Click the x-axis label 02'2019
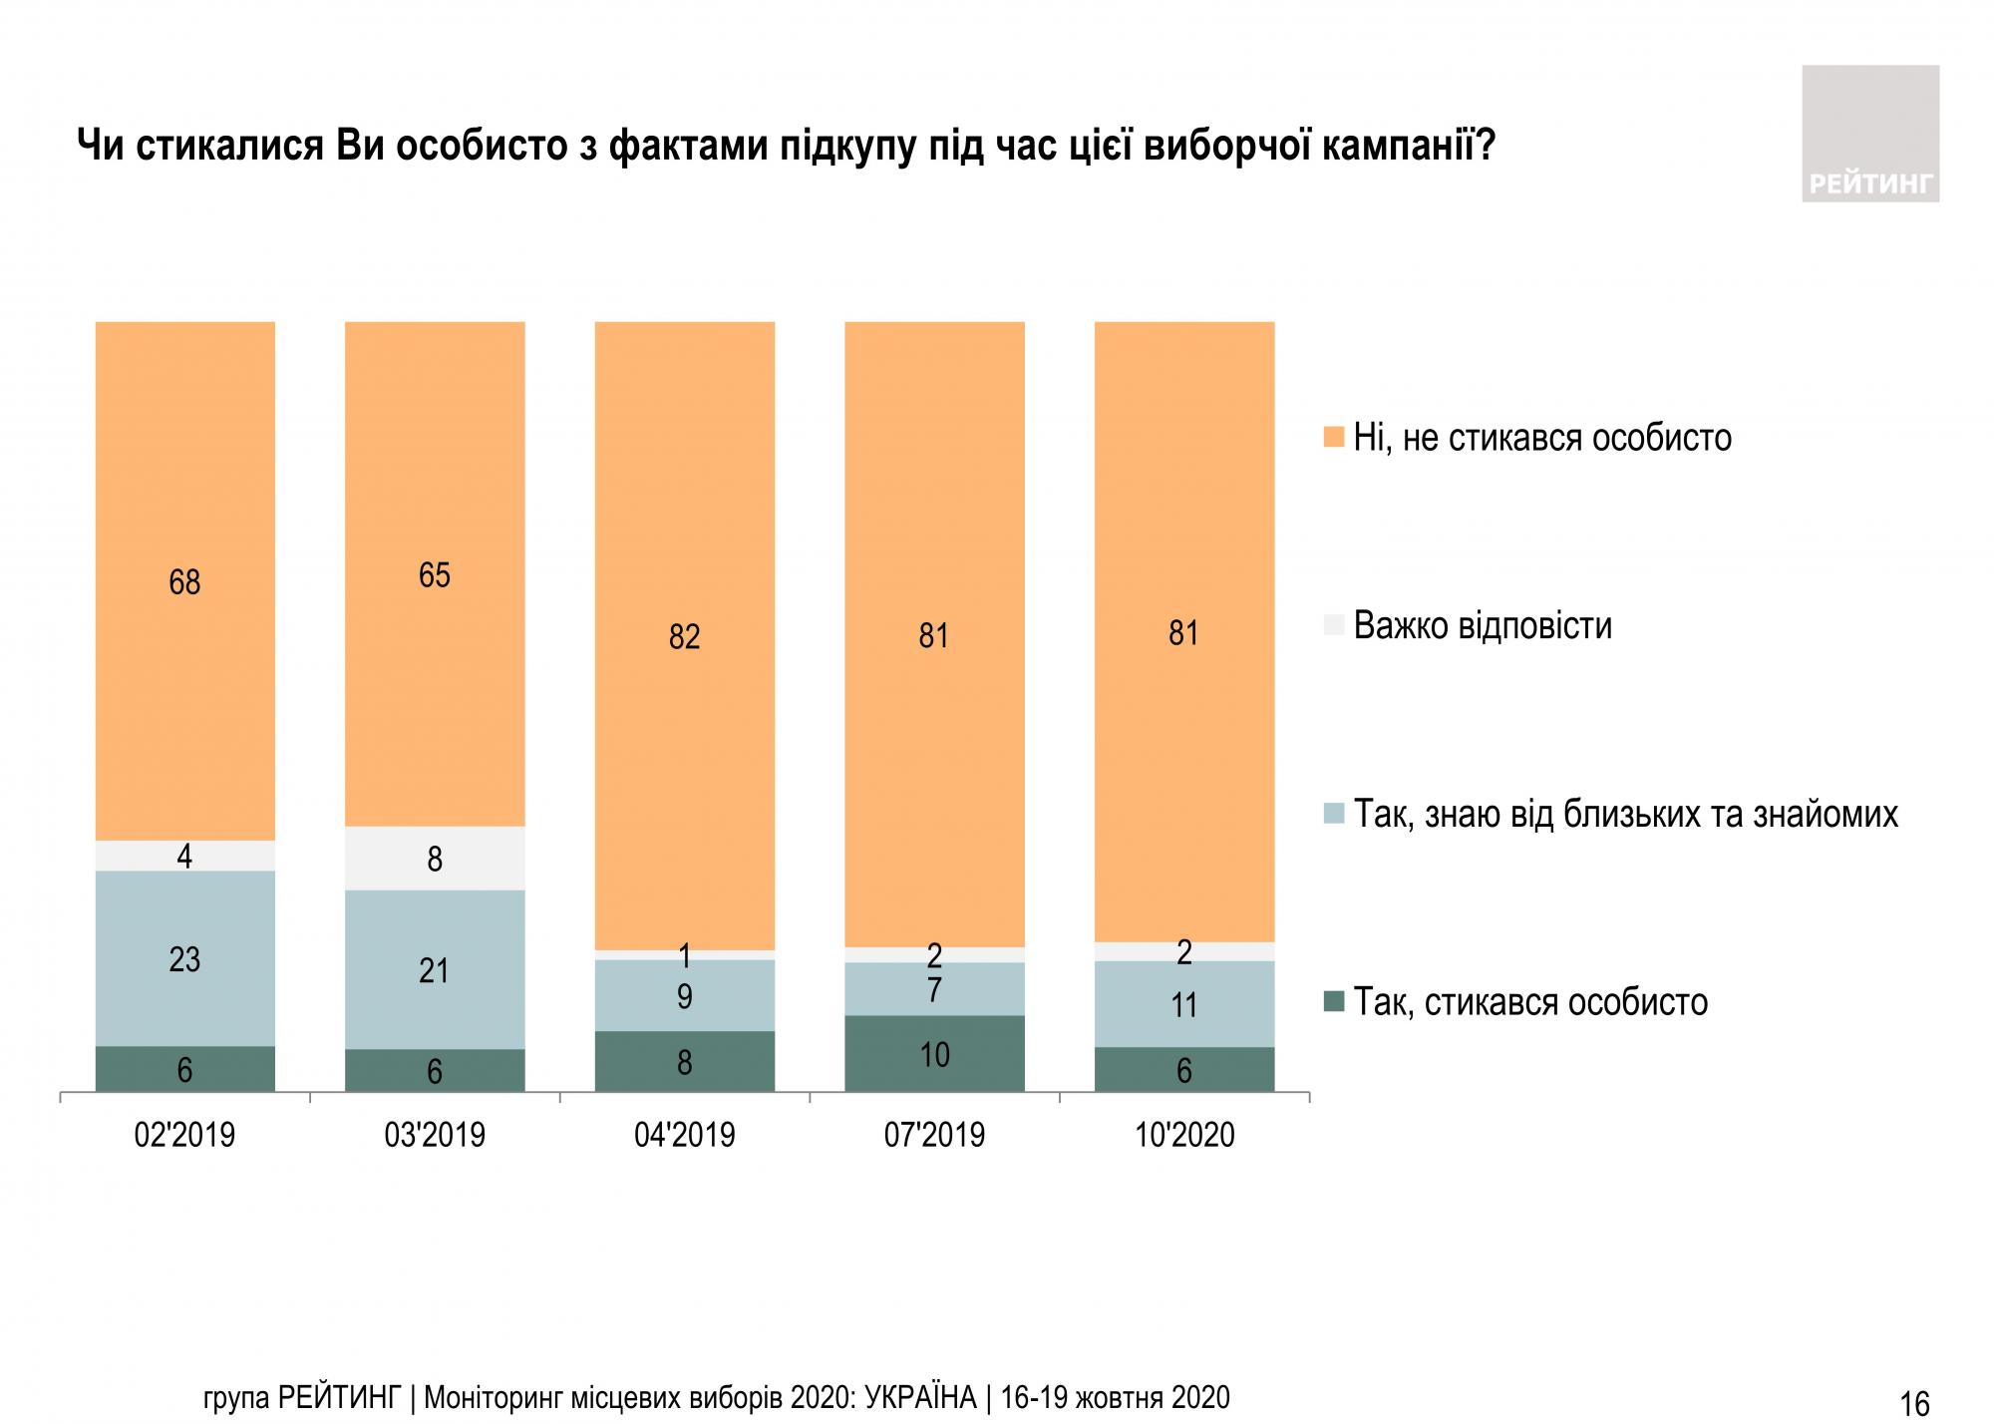tap(184, 1135)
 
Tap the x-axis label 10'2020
tap(1184, 1135)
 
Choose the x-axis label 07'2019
tap(934, 1135)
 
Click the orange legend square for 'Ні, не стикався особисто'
tap(1334, 438)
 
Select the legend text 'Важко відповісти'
tap(1483, 626)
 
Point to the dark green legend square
tap(1334, 1001)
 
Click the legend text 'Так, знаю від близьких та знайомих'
tap(1625, 815)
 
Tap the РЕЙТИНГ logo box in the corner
tap(1870, 134)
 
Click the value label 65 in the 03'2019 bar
tap(435, 575)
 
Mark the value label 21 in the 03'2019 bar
tap(435, 970)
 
